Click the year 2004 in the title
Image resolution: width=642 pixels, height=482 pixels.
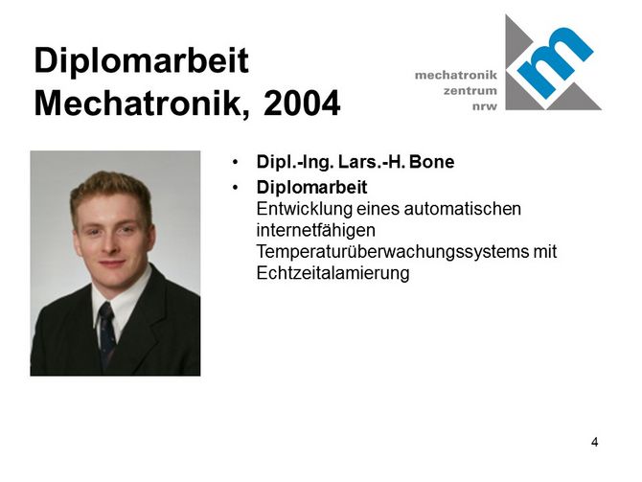(x=302, y=103)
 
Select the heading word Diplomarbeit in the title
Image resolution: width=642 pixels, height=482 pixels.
(x=141, y=61)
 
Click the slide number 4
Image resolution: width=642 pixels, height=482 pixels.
(x=594, y=443)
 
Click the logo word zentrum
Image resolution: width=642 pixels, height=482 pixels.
(x=470, y=90)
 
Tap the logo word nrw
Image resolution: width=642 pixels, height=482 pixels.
(x=485, y=107)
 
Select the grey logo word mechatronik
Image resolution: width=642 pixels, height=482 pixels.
(x=456, y=75)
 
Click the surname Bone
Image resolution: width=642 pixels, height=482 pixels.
(x=431, y=162)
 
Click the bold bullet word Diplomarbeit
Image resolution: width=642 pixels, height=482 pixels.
(x=312, y=188)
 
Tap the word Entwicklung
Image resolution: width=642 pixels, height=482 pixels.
(x=305, y=209)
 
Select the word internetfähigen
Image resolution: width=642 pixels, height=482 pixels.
(x=315, y=231)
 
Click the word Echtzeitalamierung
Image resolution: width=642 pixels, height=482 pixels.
(x=332, y=273)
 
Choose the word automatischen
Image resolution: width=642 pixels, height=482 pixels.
(x=462, y=209)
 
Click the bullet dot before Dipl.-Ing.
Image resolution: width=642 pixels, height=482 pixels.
(x=235, y=162)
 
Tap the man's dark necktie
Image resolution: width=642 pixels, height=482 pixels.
(x=107, y=333)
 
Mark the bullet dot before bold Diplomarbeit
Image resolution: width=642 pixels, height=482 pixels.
(x=235, y=188)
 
